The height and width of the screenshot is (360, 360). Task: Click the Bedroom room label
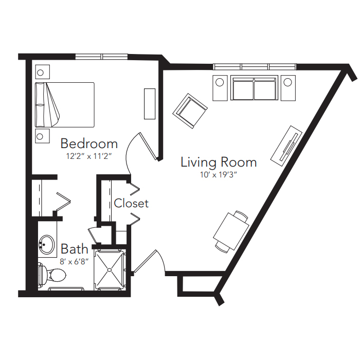pos(89,143)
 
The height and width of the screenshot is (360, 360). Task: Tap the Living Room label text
pos(219,162)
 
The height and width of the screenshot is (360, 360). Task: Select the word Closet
pos(131,203)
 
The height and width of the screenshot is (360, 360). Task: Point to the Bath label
pos(75,249)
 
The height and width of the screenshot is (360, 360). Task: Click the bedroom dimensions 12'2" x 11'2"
pos(89,156)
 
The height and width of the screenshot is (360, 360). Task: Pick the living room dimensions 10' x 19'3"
pos(219,175)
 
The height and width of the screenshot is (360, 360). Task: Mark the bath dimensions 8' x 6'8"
pos(74,261)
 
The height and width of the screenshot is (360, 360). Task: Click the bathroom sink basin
pos(47,244)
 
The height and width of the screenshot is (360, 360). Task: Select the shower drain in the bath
pos(110,270)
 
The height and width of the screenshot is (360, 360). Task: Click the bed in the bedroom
pos(65,105)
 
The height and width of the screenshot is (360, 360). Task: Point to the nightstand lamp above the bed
pos(41,73)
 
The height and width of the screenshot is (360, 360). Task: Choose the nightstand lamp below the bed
pos(40,136)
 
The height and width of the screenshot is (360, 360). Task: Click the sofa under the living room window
pos(255,88)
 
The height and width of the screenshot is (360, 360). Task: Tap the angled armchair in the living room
pos(190,111)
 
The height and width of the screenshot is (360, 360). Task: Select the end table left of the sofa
pos(220,88)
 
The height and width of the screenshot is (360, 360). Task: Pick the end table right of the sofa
pos(288,88)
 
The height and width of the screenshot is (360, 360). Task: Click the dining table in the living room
pos(231,231)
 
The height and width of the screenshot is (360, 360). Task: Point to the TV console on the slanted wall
pos(286,146)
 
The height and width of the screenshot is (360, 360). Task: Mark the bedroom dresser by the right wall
pos(150,104)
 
